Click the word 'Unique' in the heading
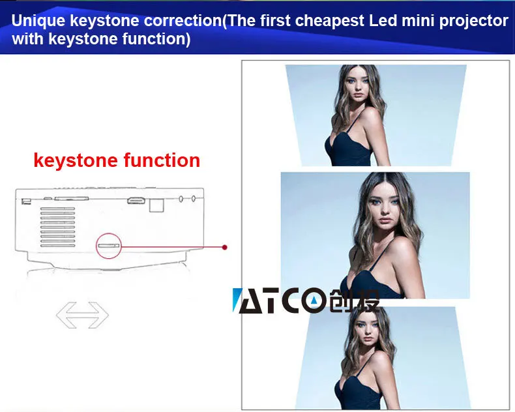pyautogui.click(x=38, y=21)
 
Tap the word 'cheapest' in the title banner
pyautogui.click(x=329, y=21)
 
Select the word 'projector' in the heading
pyautogui.click(x=473, y=22)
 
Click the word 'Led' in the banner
pyautogui.click(x=382, y=20)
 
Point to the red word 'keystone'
pyautogui.click(x=76, y=160)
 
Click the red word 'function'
pyautogui.click(x=162, y=160)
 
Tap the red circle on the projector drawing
pyautogui.click(x=109, y=246)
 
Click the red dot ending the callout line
pyautogui.click(x=225, y=247)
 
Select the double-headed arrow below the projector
pyautogui.click(x=82, y=315)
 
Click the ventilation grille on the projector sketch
pyautogui.click(x=57, y=227)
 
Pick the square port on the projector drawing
pyautogui.click(x=156, y=205)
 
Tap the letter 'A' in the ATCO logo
pyautogui.click(x=250, y=301)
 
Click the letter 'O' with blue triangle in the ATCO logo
pyautogui.click(x=314, y=300)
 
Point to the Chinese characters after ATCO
pyautogui.click(x=355, y=301)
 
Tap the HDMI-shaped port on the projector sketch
pyautogui.click(x=136, y=200)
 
